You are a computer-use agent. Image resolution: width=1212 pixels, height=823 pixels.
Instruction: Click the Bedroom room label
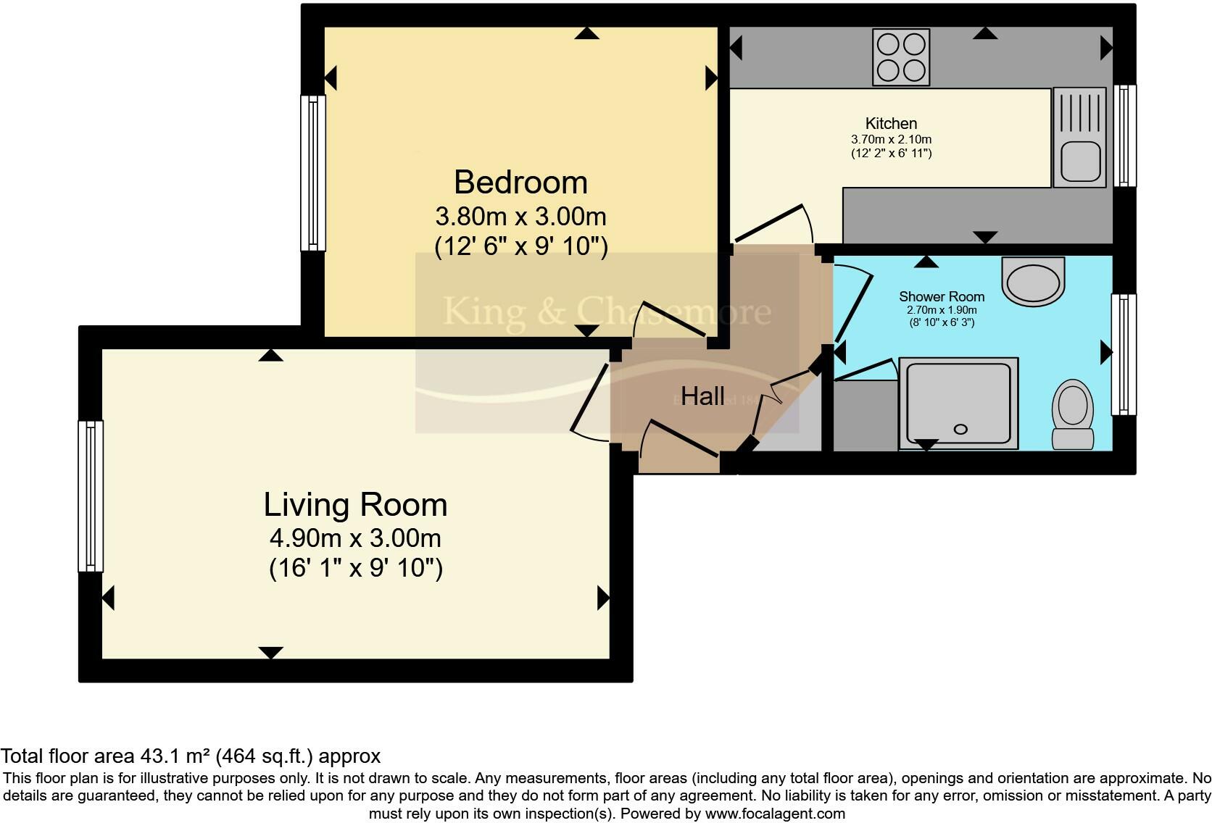click(520, 182)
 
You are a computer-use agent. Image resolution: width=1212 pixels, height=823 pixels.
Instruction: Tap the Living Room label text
click(354, 505)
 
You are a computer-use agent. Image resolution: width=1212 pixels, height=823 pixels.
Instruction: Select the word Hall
click(702, 396)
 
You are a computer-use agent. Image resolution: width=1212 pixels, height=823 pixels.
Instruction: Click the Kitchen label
click(891, 123)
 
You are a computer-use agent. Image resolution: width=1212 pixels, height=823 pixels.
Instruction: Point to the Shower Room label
click(942, 296)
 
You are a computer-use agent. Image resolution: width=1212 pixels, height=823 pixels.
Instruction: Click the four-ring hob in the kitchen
click(901, 57)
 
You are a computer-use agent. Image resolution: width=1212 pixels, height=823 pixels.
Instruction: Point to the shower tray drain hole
click(960, 430)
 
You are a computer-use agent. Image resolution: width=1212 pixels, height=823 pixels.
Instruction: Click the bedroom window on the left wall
click(313, 173)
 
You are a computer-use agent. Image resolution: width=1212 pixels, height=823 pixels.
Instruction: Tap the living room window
click(91, 496)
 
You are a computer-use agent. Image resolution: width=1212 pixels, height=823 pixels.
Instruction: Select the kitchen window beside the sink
click(1124, 135)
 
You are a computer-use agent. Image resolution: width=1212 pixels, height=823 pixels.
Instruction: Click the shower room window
click(1124, 354)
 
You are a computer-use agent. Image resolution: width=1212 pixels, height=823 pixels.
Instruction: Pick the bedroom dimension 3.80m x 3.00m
click(520, 217)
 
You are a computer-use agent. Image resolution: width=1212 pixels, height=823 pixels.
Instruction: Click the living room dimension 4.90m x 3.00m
click(354, 538)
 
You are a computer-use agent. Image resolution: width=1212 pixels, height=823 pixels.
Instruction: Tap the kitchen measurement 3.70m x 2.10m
click(891, 139)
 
